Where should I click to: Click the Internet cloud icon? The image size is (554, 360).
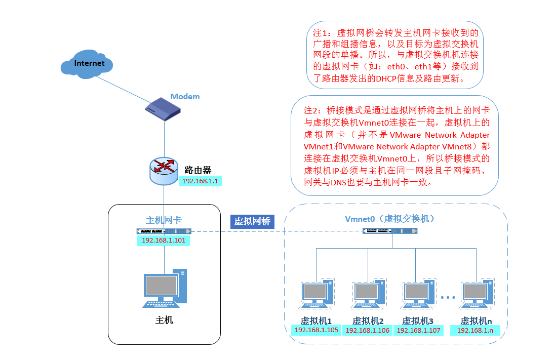86,63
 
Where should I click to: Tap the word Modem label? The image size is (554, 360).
185,96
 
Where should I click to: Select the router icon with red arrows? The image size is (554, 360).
164,170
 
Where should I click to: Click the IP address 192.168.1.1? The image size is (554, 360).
200,181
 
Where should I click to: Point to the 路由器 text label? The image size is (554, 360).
197,169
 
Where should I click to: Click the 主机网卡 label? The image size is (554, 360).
164,220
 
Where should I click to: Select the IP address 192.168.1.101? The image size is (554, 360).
164,241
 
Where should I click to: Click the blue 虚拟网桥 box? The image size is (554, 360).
252,221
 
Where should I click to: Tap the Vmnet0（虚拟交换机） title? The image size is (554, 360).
390,219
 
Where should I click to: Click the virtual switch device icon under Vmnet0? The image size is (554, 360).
390,231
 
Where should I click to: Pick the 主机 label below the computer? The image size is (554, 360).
164,320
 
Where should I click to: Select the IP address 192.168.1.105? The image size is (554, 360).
316,330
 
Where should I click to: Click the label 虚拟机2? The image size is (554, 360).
368,321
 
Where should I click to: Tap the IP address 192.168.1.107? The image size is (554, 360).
418,330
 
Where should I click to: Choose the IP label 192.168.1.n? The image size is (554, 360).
475,330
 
